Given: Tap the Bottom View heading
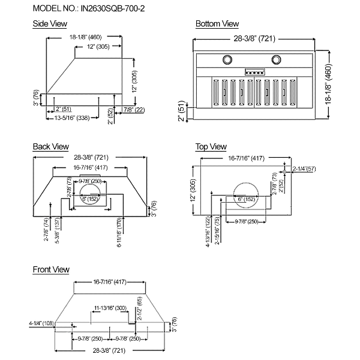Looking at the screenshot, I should coord(217,24).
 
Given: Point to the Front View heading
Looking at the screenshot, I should coord(51,269).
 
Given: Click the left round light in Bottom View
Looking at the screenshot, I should coord(229,59).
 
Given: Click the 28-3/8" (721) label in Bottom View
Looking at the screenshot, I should coord(256,38).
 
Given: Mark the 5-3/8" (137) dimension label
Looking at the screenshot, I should coord(58,229).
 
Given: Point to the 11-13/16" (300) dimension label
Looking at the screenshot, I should coord(109,308).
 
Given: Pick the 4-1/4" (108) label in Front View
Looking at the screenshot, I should coord(42,323).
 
